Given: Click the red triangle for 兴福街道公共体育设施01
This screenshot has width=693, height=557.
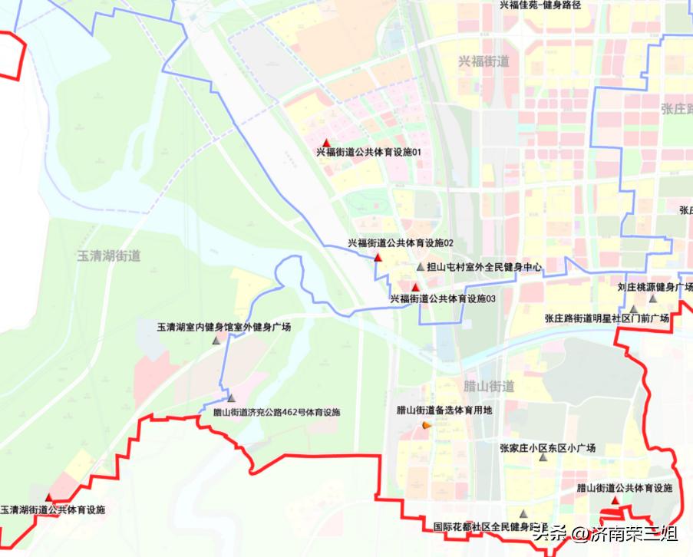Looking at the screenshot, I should (327, 142).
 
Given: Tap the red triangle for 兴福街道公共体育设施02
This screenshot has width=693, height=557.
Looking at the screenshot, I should (378, 255).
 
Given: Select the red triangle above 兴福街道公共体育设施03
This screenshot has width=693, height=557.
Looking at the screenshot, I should (416, 288).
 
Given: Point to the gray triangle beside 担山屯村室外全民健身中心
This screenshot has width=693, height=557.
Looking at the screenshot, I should (420, 267).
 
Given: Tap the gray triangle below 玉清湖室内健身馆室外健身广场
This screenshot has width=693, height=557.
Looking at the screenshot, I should (216, 339).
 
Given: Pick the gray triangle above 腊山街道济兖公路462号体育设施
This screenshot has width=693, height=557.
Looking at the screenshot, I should (231, 399).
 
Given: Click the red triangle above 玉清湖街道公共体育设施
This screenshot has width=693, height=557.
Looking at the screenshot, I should (49, 498).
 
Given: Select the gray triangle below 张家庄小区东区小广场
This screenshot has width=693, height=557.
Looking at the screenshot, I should (543, 458).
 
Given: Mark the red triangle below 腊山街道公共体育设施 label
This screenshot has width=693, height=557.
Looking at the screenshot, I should (615, 499).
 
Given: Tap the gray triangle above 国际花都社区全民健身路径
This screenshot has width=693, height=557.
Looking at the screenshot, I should (523, 514).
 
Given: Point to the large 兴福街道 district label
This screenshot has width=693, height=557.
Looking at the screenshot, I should (483, 61).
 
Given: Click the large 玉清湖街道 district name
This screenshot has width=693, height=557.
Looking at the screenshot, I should (109, 255).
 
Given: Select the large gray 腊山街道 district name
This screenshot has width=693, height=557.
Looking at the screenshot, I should (490, 386).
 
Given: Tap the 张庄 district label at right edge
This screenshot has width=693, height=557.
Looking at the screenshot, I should (676, 109).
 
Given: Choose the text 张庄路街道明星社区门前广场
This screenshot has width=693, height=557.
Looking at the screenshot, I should (607, 318).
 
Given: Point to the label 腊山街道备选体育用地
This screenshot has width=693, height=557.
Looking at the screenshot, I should (444, 410).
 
